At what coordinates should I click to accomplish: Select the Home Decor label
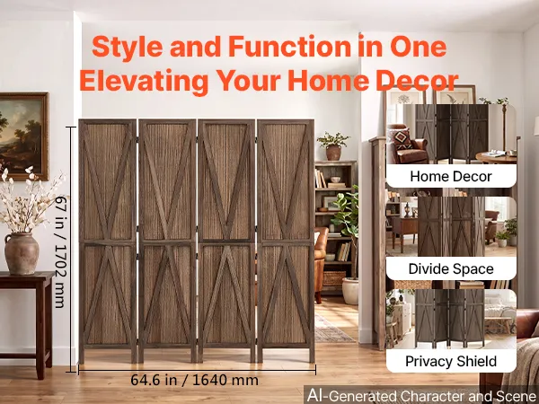(451, 176)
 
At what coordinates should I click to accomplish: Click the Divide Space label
(451, 268)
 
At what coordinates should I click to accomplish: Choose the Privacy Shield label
(451, 362)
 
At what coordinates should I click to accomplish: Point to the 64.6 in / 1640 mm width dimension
(195, 380)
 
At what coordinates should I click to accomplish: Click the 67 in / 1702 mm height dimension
(60, 251)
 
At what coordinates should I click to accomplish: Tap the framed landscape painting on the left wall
(23, 136)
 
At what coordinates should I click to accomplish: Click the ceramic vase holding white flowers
(22, 253)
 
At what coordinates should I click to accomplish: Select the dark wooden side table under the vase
(26, 320)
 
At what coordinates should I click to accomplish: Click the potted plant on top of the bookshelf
(332, 145)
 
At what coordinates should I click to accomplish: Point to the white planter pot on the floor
(350, 291)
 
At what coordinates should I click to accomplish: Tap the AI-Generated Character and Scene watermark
(422, 395)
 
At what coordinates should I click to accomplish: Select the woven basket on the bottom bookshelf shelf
(334, 278)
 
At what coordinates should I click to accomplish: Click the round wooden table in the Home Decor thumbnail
(496, 157)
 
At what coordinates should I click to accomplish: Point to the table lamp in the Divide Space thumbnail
(407, 207)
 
